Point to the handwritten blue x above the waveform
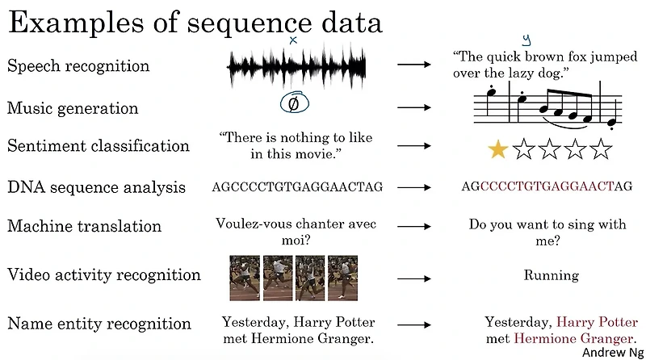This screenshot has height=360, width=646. [293, 39]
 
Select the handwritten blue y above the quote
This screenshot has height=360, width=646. [526, 39]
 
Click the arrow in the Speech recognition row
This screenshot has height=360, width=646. [416, 65]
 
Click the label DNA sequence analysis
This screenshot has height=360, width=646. [96, 187]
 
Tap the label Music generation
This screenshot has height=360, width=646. [73, 108]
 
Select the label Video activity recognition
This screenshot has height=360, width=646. [104, 274]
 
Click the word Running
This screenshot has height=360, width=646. [552, 275]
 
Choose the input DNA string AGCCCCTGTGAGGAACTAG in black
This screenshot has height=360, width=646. [297, 187]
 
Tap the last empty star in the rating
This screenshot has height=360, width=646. [602, 149]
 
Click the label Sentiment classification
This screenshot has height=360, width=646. [99, 146]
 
